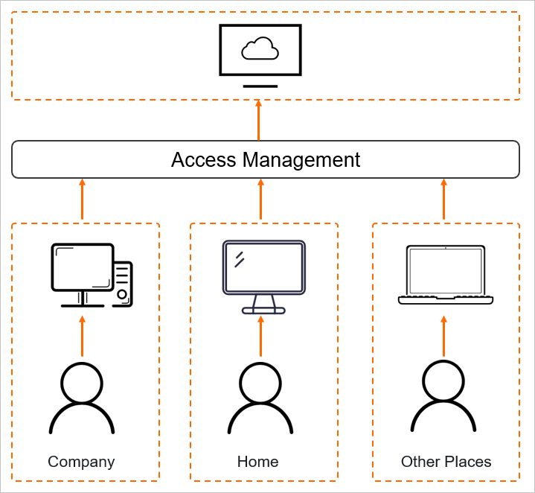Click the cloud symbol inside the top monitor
260,50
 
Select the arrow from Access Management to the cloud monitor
259,120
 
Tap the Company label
81,462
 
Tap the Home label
257,462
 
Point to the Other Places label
446,462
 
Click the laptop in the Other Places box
446,274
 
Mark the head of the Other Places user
443,381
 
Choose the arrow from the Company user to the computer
82,337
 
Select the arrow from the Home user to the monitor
260,337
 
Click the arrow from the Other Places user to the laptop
444,337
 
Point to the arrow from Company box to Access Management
82,199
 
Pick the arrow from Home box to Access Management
260,199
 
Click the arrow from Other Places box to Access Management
444,199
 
